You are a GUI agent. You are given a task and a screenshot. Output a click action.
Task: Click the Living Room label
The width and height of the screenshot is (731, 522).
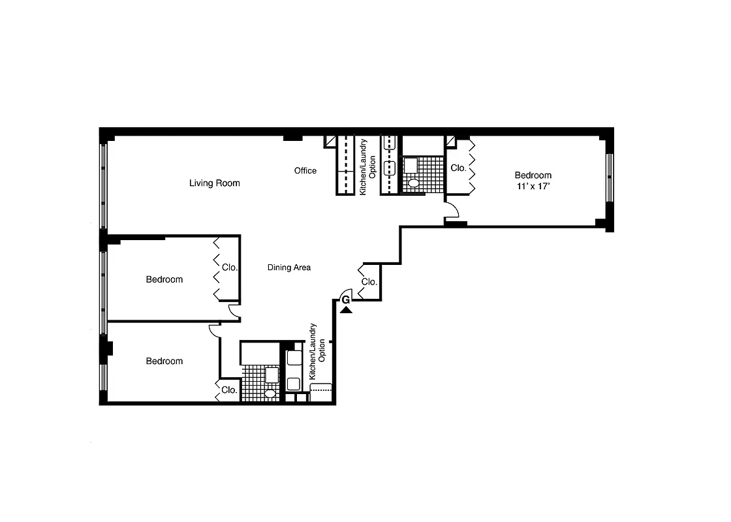[x=214, y=183]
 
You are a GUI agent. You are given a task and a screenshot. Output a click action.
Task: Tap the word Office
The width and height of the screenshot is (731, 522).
[x=305, y=171]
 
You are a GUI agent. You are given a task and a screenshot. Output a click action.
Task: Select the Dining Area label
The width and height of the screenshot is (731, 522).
[x=288, y=268]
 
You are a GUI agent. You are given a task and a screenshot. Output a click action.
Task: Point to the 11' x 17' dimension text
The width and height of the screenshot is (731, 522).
[x=533, y=186]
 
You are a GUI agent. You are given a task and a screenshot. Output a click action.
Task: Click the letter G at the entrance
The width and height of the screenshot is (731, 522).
[x=345, y=299]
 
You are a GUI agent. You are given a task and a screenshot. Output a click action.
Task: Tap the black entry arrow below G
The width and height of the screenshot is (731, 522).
[x=346, y=310]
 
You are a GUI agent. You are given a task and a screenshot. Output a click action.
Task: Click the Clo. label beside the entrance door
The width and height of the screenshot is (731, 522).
[x=369, y=283]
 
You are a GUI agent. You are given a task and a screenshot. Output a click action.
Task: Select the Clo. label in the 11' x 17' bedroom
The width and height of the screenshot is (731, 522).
[x=458, y=168]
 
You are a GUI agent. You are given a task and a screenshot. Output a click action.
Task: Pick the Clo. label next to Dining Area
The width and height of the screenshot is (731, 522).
[x=230, y=268]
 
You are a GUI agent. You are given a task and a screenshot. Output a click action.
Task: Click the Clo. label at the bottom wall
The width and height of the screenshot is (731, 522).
[x=228, y=390]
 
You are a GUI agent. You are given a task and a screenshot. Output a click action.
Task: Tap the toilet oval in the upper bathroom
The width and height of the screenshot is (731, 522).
[x=412, y=183]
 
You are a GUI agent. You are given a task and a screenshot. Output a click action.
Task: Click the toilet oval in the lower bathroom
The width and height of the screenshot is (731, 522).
[x=270, y=393]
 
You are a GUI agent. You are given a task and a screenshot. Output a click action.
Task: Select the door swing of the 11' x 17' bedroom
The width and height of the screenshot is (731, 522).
[x=452, y=210]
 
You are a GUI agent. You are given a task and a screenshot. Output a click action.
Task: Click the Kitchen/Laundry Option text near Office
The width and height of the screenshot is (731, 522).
[x=368, y=167]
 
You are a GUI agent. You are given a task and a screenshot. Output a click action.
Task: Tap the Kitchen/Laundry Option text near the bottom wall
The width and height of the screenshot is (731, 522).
[x=317, y=352]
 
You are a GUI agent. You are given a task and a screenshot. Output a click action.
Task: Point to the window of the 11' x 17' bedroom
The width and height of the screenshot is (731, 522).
[x=609, y=177]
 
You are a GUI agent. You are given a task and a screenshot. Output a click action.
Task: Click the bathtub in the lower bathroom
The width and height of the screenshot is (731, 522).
[x=259, y=353]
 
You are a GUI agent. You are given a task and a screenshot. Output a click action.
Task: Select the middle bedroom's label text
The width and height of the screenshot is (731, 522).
[x=164, y=280]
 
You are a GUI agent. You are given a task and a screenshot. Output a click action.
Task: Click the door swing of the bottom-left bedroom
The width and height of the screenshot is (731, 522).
[x=213, y=330]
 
